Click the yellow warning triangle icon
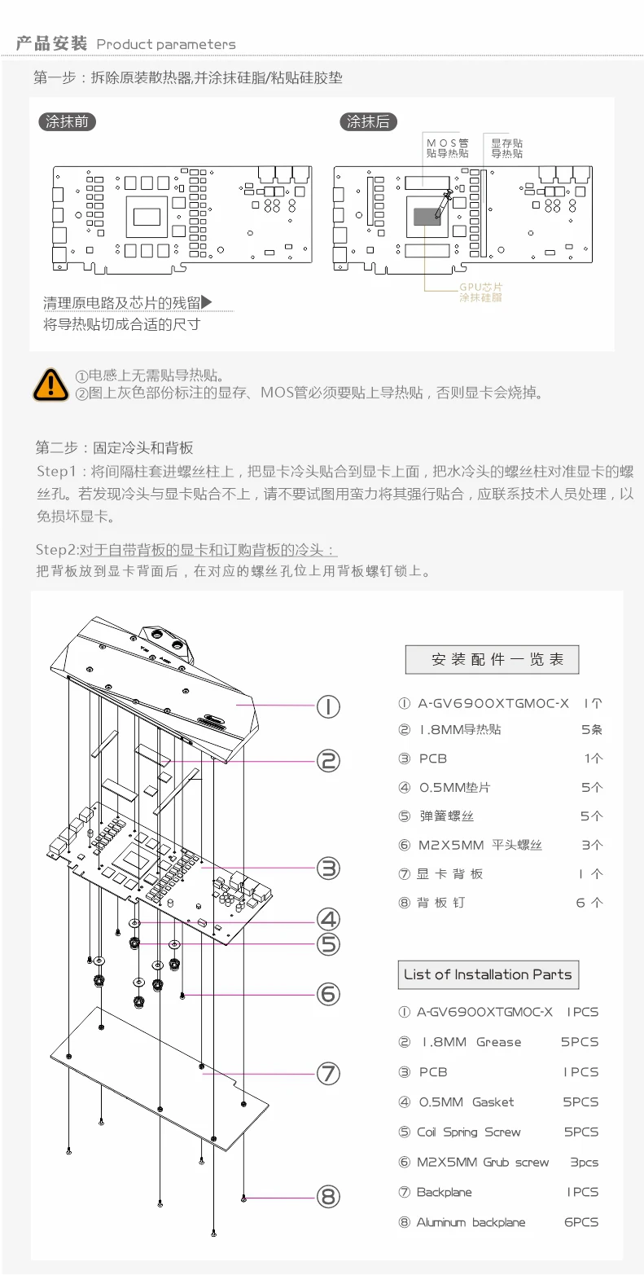[x=50, y=384]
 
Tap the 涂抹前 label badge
[x=67, y=122]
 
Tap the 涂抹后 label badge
[x=368, y=122]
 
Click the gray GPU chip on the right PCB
[x=431, y=216]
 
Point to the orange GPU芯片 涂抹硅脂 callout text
[x=480, y=292]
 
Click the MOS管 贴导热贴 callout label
[x=447, y=148]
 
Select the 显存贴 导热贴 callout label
[x=506, y=148]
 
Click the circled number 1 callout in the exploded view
[x=328, y=706]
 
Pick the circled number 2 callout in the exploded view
[x=328, y=761]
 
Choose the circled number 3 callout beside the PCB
[x=328, y=868]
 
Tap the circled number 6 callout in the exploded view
[x=328, y=994]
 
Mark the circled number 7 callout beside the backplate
[x=328, y=1073]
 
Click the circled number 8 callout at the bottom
[x=328, y=1197]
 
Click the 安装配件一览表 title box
[x=492, y=660]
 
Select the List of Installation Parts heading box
[x=488, y=974]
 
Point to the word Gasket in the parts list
[x=493, y=1102]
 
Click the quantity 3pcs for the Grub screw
[x=584, y=1163]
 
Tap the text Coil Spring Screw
[x=468, y=1132]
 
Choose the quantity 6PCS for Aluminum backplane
[x=581, y=1222]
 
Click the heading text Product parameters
[x=166, y=44]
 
